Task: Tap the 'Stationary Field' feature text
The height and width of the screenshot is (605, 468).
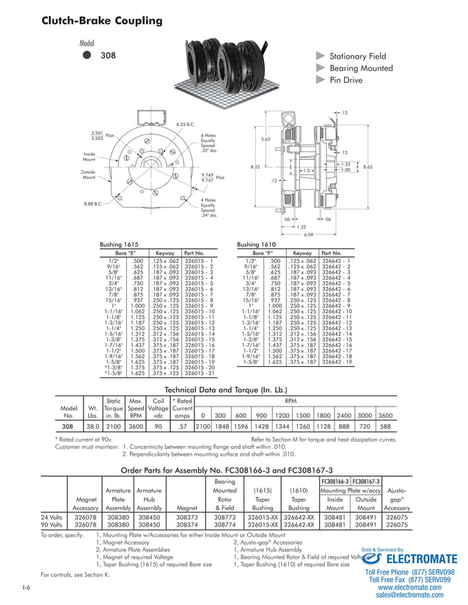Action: coord(357,56)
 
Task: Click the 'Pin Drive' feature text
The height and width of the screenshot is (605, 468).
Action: coord(345,80)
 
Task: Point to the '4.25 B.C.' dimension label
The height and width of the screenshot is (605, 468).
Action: coord(186,125)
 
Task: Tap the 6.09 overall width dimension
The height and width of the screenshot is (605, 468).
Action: coord(308,234)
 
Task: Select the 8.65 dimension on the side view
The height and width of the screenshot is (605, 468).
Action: coord(368,167)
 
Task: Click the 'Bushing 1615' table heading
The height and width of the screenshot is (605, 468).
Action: coord(120,245)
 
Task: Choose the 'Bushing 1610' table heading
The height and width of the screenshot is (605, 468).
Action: coord(257,245)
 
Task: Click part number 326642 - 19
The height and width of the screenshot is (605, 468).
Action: coord(337,362)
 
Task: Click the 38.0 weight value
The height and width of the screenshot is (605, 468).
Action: coord(93,426)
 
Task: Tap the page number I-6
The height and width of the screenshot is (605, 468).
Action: coord(26,588)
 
